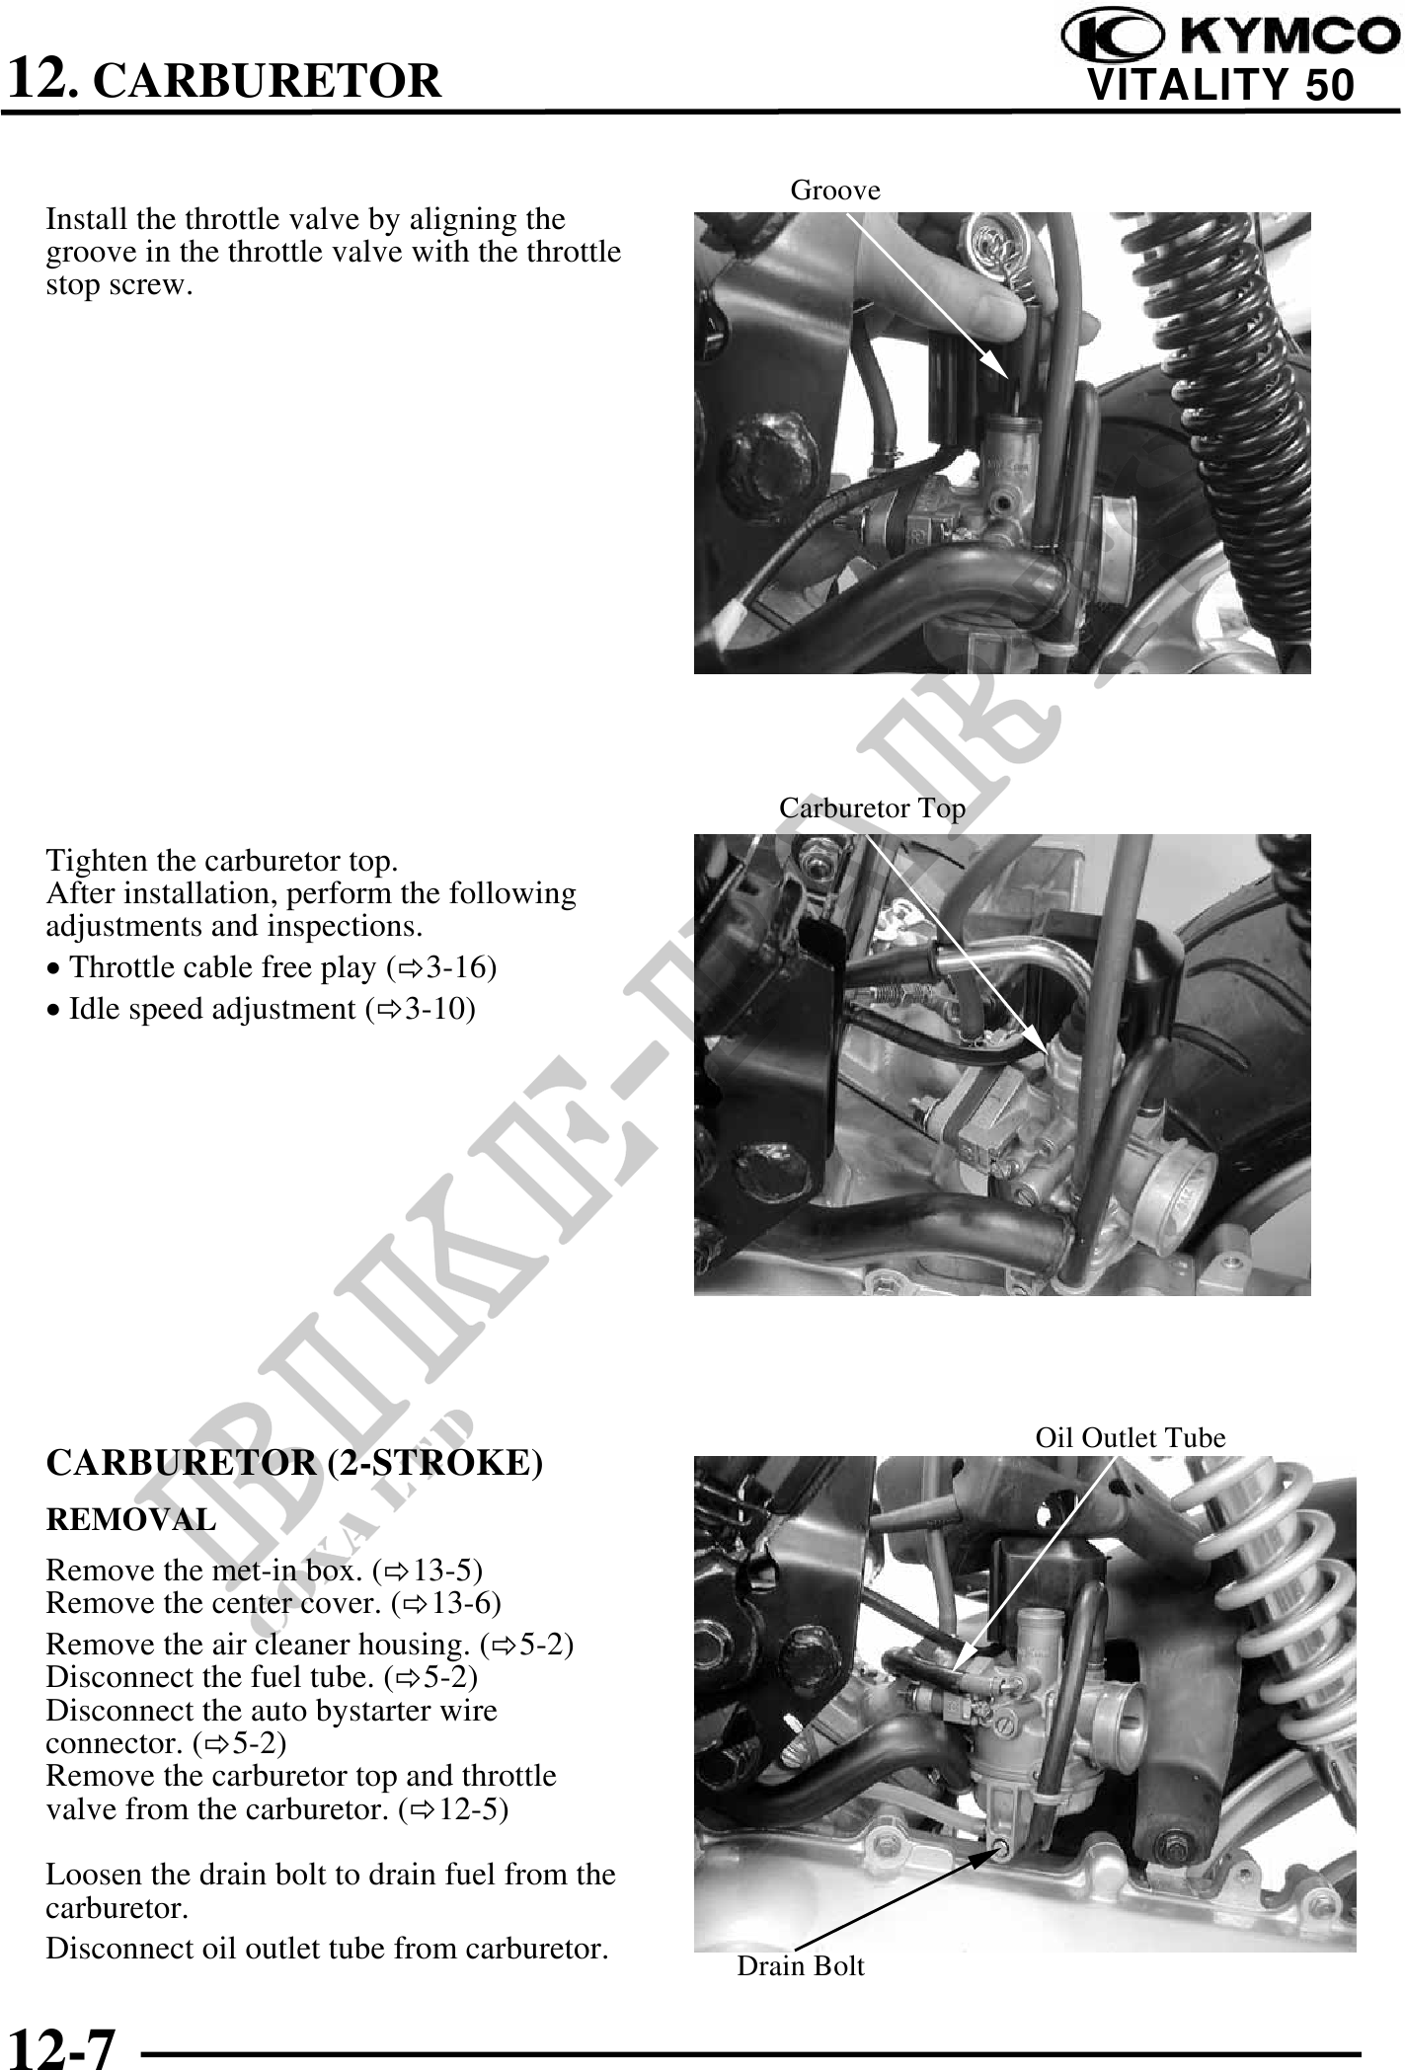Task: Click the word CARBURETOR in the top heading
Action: click(272, 80)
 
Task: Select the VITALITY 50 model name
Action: click(1220, 86)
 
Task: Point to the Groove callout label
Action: click(835, 189)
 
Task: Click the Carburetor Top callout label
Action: click(872, 807)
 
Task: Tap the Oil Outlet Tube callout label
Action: click(1130, 1437)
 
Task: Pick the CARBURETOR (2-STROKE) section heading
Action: click(294, 1464)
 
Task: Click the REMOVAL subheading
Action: click(130, 1519)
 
